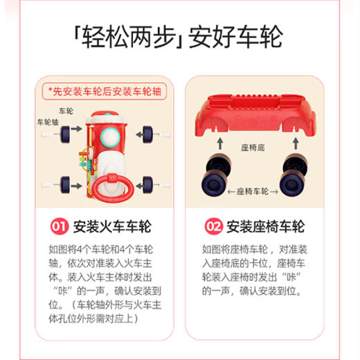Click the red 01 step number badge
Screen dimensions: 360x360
(60, 226)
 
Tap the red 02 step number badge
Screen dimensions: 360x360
(214, 226)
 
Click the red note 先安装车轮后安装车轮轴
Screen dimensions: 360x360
(104, 91)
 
